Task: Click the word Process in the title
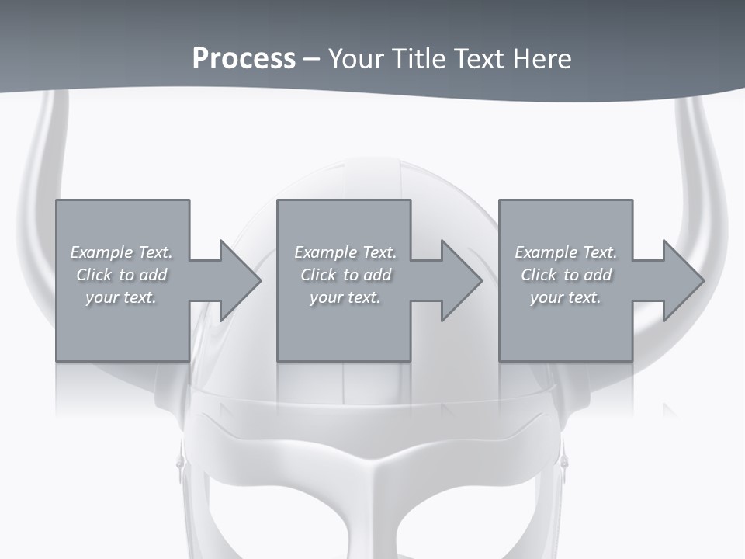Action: coord(244,59)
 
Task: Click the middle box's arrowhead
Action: coord(461,281)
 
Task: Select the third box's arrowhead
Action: coord(683,281)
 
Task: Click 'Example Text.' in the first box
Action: coord(121,252)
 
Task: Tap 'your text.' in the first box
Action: coord(121,297)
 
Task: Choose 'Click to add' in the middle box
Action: coord(345,275)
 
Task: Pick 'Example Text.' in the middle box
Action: coord(345,252)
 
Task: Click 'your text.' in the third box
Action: coord(566,297)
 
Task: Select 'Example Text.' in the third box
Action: coord(566,252)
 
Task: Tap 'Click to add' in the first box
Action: coord(121,275)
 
